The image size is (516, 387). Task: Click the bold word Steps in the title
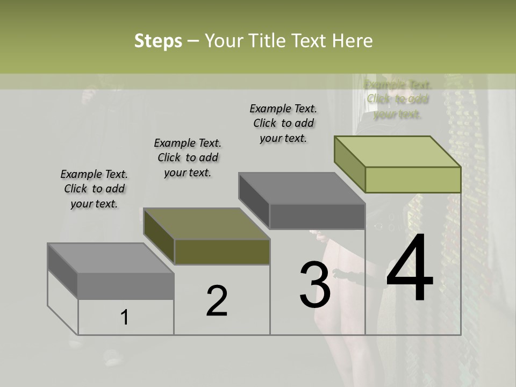[158, 41]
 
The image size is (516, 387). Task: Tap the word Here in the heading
[353, 41]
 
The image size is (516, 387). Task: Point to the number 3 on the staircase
[314, 284]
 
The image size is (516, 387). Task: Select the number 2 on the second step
[217, 301]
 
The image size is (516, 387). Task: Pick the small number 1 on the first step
[124, 318]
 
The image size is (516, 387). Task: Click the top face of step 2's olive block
[206, 224]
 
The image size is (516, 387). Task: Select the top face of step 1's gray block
[111, 258]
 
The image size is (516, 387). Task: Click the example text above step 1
[94, 189]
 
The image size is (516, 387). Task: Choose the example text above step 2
[188, 157]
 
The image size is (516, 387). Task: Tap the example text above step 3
[283, 123]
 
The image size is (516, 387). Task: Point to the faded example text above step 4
[398, 99]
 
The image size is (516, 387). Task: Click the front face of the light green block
[413, 180]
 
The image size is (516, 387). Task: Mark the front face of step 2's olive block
[222, 252]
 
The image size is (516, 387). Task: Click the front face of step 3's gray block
[317, 217]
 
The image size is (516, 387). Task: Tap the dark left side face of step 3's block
[254, 200]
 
